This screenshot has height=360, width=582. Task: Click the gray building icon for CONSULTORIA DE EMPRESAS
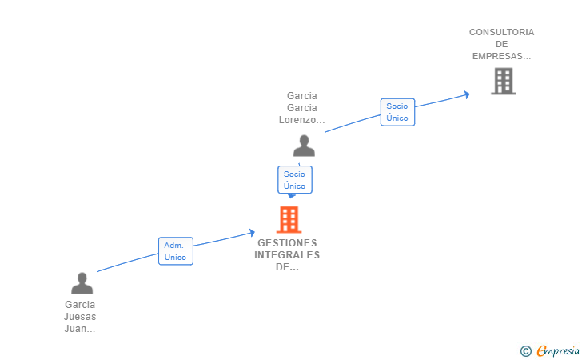pos(503,81)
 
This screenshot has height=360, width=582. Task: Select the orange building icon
pos(289,218)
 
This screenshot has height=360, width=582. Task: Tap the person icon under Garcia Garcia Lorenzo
pos(304,146)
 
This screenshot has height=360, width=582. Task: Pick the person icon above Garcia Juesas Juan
pos(82,283)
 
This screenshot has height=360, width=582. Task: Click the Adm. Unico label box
pos(176,251)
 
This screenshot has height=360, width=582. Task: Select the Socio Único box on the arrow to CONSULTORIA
pos(397,112)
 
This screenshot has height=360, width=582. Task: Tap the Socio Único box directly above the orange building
pos(294,180)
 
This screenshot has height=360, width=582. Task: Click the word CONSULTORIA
pos(501,32)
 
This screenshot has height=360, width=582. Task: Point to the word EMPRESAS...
pos(501,56)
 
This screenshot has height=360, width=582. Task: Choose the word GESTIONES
pos(287,243)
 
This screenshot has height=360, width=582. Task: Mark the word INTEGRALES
pos(287,255)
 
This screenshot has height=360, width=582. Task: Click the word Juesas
pos(80,317)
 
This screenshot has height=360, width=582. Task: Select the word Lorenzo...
pos(301,120)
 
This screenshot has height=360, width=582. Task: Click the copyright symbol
pos(525,350)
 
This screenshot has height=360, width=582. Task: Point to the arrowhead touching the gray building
pos(466,94)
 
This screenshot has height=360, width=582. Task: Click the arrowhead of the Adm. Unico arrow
pos(252,233)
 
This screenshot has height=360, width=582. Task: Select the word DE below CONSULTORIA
pos(501,44)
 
